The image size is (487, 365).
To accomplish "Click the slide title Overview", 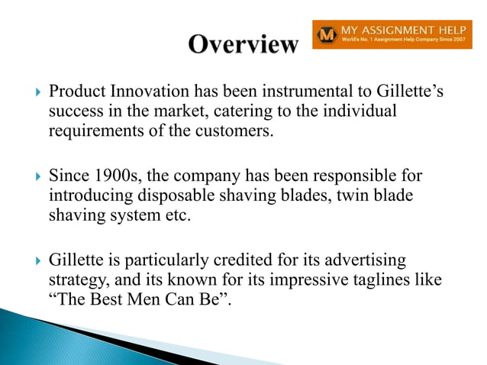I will (243, 44).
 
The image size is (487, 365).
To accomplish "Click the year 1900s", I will (115, 176).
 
